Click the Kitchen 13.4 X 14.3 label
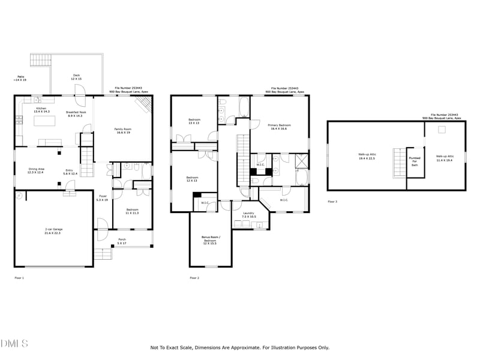coord(41,110)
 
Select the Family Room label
coord(123,130)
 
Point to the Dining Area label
coord(37,171)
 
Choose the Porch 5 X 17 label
coord(122,242)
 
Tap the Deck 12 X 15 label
coord(76,77)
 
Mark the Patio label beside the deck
coord(20,78)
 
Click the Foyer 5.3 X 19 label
coord(103,198)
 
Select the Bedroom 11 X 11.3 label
coord(132,212)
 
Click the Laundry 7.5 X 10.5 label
coord(249,215)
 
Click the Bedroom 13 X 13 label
coord(194,121)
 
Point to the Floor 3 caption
coord(332,202)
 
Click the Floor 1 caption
coord(19,278)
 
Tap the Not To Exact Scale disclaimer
coord(239,347)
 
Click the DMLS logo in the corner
coord(14,344)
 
